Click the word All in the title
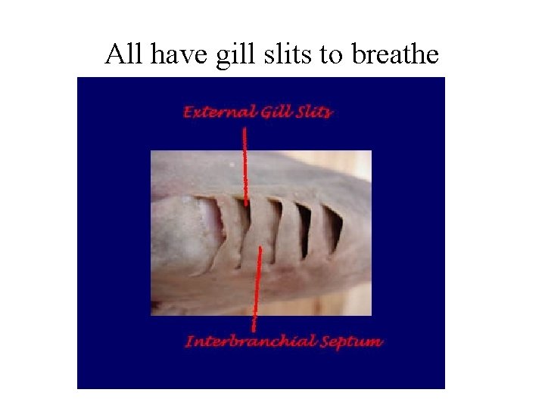click(123, 54)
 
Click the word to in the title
click(329, 55)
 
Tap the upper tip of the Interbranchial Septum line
click(260, 248)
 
